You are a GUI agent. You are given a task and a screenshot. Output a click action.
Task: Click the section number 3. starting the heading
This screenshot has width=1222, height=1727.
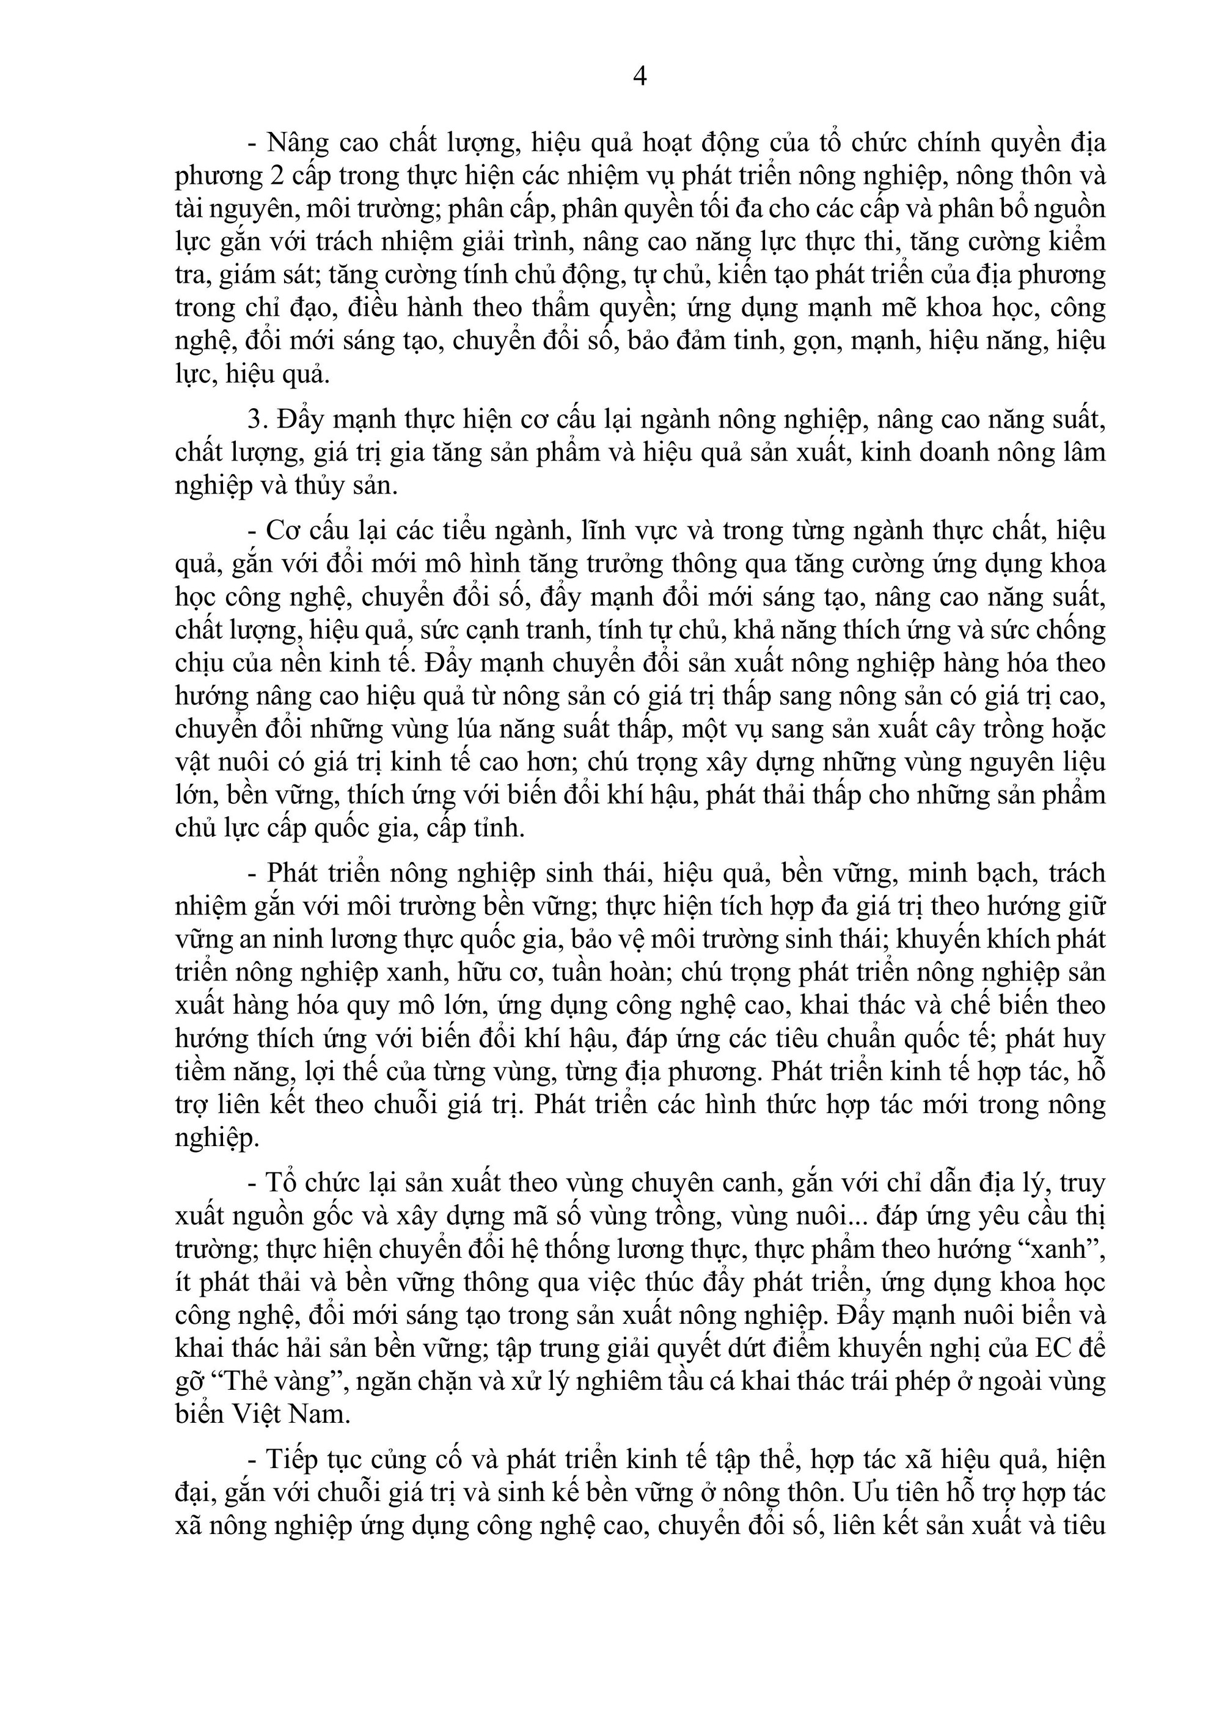click(257, 420)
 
